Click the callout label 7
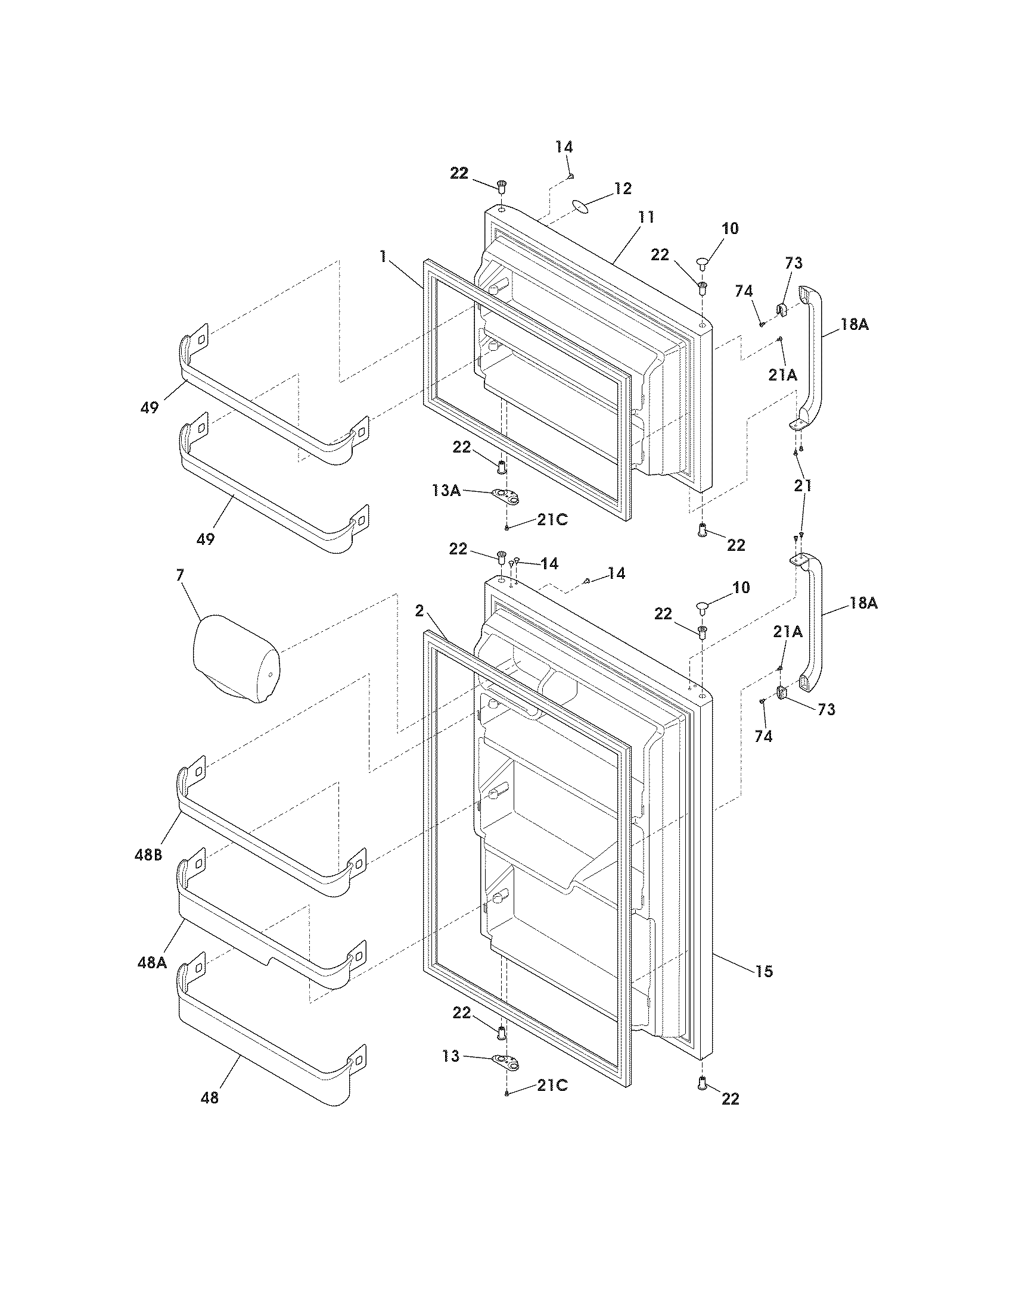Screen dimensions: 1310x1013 180,575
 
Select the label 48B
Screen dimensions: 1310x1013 149,855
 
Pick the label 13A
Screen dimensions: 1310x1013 446,491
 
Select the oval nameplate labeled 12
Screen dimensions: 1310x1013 580,207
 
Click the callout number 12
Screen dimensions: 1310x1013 623,189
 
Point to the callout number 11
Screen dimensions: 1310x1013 647,217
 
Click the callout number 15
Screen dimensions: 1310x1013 764,971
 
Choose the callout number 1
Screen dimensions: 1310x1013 383,257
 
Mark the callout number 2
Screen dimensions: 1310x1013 419,611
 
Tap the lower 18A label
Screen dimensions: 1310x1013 863,603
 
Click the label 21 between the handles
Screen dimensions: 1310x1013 803,486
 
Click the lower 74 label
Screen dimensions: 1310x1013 763,736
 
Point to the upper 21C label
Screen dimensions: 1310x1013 552,520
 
